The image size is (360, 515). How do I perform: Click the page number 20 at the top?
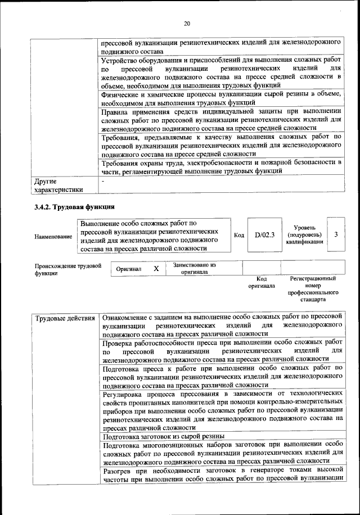[187, 23]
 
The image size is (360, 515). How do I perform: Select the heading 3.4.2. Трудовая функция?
[74, 207]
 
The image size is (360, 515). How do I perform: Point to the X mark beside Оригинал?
[156, 269]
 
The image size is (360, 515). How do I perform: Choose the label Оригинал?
[128, 269]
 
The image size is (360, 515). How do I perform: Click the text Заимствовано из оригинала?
[194, 268]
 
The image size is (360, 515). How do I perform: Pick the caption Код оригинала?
[261, 282]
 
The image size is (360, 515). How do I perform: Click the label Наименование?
[53, 237]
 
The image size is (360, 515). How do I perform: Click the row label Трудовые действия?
[65, 319]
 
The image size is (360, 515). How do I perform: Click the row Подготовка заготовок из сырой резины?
[164, 436]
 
